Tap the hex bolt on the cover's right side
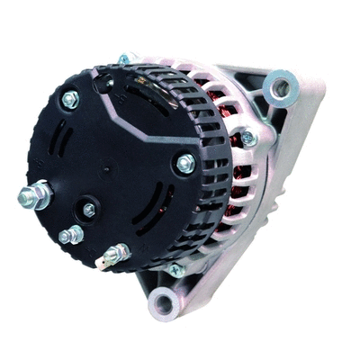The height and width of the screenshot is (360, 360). (184, 164)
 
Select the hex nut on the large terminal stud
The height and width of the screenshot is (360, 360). (40, 194)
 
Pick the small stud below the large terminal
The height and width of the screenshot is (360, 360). (69, 236)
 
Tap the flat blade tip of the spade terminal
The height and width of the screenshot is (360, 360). (102, 264)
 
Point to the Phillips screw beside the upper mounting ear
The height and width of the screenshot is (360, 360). (248, 138)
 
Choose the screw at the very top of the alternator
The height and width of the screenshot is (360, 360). (123, 59)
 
